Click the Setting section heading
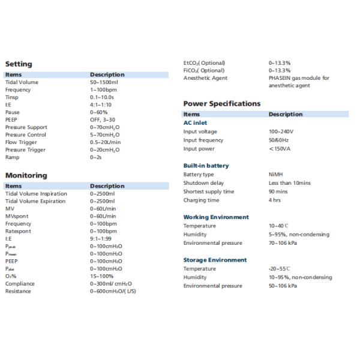tap(19, 64)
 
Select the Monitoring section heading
tap(26, 175)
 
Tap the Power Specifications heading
tap(221, 103)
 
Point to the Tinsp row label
tap(12, 97)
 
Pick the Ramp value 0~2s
tap(97, 157)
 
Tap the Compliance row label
tap(20, 284)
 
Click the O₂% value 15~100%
tap(101, 277)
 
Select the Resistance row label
tap(18, 292)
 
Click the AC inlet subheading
tap(195, 122)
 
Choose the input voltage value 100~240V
tap(281, 131)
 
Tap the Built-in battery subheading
tap(206, 165)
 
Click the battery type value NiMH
tap(275, 175)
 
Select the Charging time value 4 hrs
tap(275, 200)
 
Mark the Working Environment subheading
tap(215, 217)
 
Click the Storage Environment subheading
tap(215, 260)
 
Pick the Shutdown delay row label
tap(203, 183)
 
